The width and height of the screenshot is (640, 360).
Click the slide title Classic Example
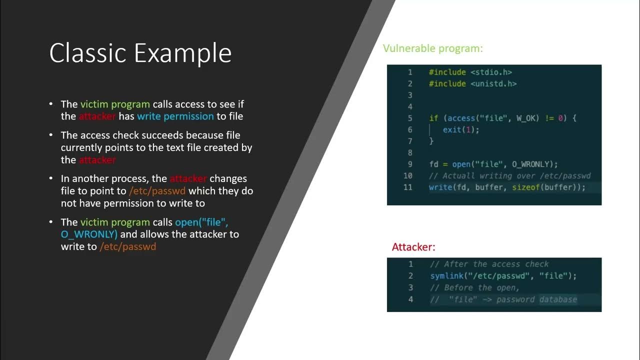point(140,53)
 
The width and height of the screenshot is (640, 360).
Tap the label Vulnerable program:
point(433,48)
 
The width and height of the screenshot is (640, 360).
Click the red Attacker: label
point(413,247)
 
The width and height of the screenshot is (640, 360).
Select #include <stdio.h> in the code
point(470,72)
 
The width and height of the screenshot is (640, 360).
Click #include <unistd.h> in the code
point(472,83)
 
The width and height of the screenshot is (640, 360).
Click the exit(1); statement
point(461,129)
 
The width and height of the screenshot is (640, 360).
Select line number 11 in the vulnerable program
point(407,187)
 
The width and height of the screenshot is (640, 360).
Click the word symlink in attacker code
point(446,276)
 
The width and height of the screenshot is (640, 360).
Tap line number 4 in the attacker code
point(410,299)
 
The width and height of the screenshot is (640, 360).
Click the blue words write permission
point(175,116)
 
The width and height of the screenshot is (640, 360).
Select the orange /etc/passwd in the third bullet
point(157,191)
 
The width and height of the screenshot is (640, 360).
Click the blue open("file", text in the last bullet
point(201,222)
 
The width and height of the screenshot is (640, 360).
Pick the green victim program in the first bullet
point(115,104)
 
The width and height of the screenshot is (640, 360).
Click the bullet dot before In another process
point(51,178)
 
